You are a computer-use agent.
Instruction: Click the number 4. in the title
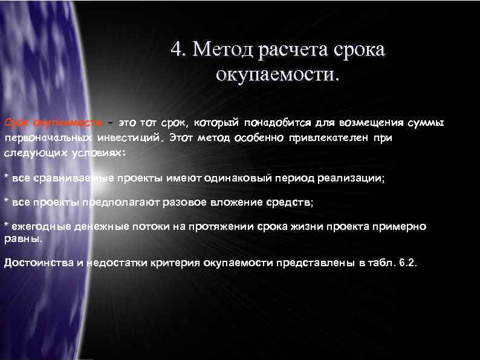179,49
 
